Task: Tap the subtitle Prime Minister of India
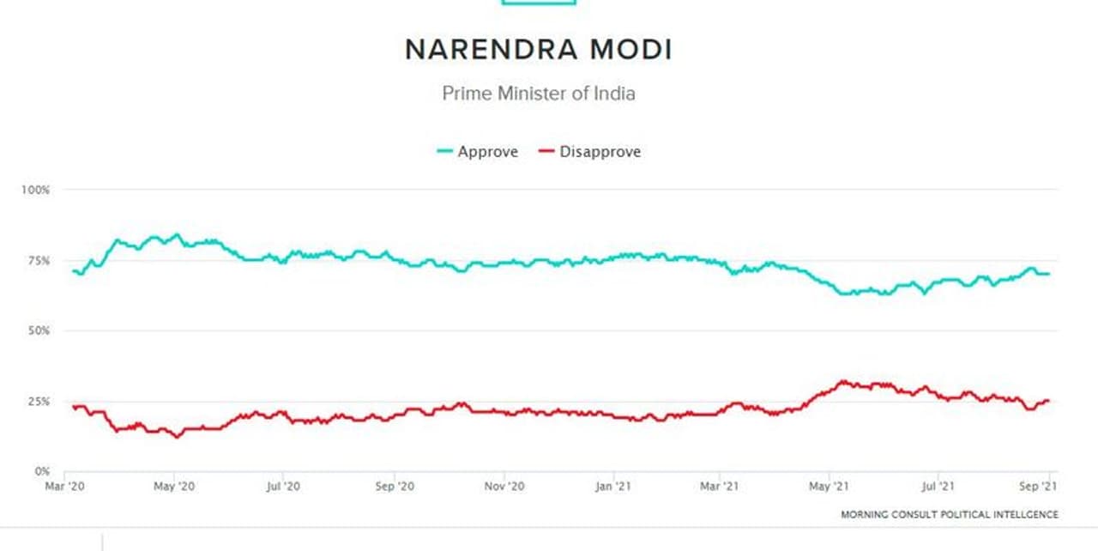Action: [539, 93]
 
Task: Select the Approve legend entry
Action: [478, 152]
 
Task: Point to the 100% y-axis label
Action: [37, 189]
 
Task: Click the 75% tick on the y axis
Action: [39, 260]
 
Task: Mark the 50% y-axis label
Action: [39, 330]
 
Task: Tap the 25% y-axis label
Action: [39, 401]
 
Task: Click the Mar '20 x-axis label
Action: [65, 487]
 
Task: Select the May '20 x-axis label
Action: [174, 487]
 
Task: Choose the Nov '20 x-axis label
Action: [504, 487]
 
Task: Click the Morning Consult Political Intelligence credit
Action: [949, 514]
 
